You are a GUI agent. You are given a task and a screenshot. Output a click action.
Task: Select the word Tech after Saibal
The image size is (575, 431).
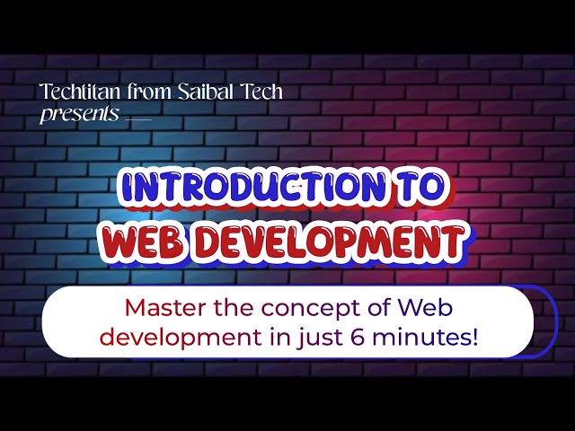click(x=258, y=91)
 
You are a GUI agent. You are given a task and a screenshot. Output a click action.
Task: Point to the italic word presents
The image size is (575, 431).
click(x=78, y=114)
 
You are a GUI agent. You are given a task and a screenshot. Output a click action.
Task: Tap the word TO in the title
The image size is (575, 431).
click(x=419, y=188)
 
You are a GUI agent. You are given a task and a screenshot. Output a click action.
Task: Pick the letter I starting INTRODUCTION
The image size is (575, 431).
click(x=127, y=188)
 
